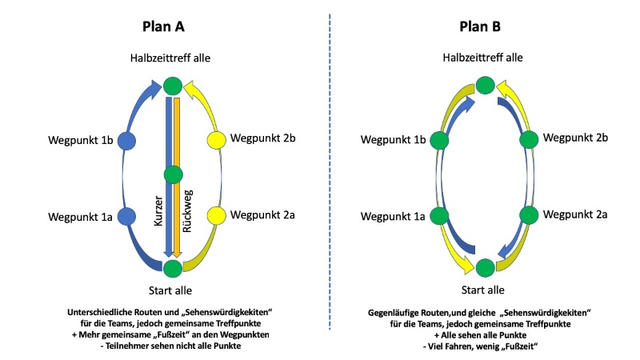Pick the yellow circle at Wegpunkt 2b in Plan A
tap(216, 141)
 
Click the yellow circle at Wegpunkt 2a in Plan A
tap(216, 215)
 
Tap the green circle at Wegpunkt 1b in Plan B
tap(438, 141)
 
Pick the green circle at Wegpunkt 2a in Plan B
tap(527, 215)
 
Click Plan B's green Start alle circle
tap(483, 266)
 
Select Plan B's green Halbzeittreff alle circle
tap(483, 84)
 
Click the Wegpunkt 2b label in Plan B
tap(574, 138)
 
